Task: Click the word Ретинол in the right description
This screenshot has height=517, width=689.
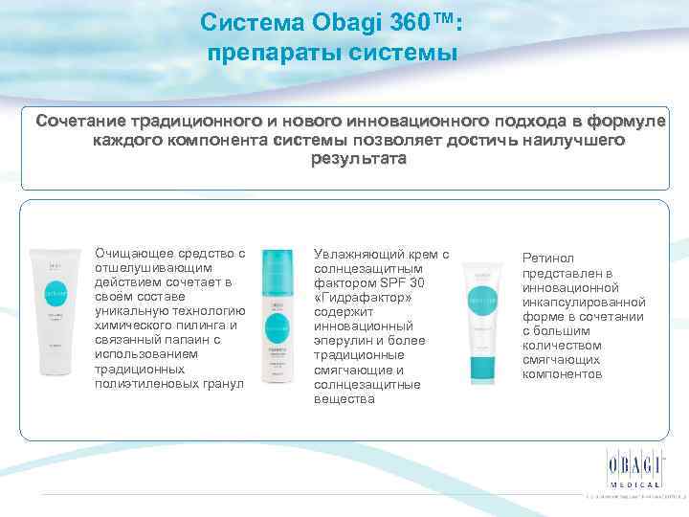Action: [x=548, y=258]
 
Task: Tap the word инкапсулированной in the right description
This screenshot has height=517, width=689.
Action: [x=583, y=303]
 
